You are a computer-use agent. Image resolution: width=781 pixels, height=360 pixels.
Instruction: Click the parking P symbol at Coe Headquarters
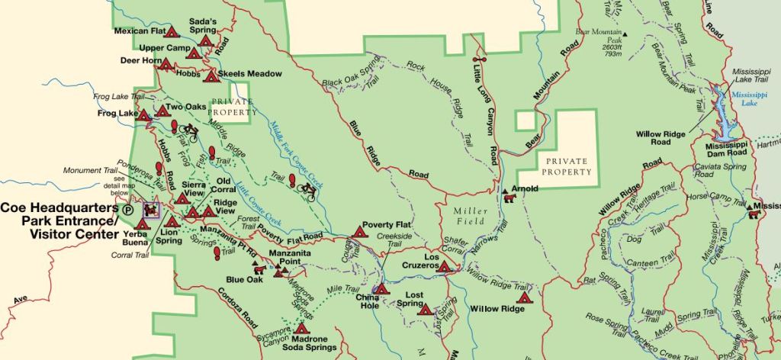tap(129, 208)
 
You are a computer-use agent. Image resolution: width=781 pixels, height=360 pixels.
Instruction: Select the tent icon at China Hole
tap(383, 290)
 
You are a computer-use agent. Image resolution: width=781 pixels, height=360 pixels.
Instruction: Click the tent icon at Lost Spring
tap(424, 309)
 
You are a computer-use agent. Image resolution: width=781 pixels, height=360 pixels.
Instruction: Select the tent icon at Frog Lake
tap(143, 115)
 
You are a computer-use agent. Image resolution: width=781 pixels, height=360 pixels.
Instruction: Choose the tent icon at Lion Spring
tap(172, 222)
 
